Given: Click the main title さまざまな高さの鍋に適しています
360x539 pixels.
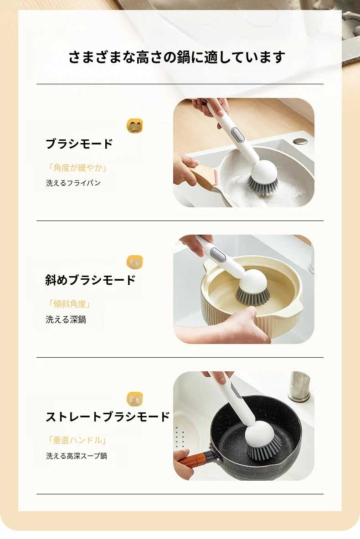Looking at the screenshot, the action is point(177,57).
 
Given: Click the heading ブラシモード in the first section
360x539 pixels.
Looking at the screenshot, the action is point(79,144).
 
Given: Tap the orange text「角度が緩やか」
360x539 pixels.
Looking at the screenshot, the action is point(77,168).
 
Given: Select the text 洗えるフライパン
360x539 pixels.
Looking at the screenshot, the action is point(73,183).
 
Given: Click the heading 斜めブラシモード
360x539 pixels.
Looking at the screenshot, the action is point(90,280).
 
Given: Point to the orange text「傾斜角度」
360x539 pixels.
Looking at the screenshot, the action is point(69,304).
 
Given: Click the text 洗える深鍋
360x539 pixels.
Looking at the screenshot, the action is point(66,320).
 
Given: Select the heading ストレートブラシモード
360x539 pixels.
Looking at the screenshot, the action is point(108,416).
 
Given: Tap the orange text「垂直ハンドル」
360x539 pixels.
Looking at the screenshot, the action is point(77,440).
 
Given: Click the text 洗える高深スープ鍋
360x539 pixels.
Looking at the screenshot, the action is point(77,456).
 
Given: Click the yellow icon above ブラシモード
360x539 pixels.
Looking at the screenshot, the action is point(135,126).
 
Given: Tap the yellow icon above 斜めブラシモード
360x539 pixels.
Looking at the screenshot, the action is point(135,262).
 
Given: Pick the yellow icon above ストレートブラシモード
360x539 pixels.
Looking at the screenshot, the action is point(135,399).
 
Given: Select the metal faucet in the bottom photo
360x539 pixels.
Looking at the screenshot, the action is point(298,386).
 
